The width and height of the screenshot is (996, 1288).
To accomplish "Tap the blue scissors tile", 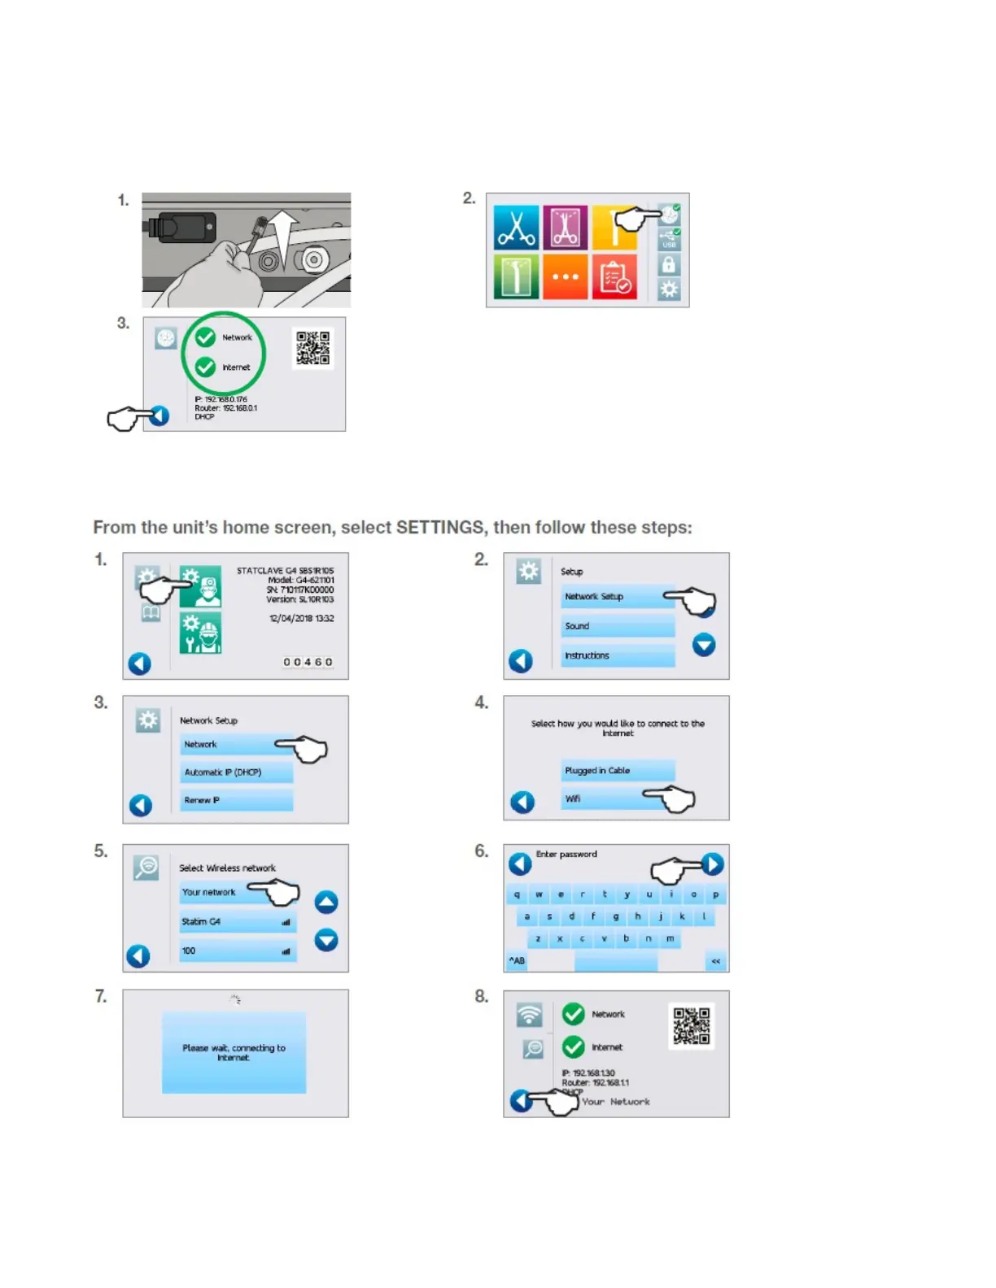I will pyautogui.click(x=516, y=227).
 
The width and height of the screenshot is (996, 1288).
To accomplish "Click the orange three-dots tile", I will pyautogui.click(x=565, y=276).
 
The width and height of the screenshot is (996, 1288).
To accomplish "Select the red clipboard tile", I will pyautogui.click(x=614, y=276).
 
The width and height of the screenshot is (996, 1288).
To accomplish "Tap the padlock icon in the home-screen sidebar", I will pyautogui.click(x=668, y=264).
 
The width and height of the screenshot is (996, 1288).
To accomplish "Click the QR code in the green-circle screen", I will pyautogui.click(x=312, y=348).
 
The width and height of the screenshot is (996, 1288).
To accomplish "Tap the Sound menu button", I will pyautogui.click(x=617, y=626).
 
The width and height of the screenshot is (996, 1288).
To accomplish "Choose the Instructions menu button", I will pyautogui.click(x=617, y=655).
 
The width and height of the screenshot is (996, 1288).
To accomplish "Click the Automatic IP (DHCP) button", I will pyautogui.click(x=236, y=772).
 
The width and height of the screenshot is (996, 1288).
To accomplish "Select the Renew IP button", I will pyautogui.click(x=236, y=800).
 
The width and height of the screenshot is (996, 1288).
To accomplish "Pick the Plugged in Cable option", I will pyautogui.click(x=617, y=771).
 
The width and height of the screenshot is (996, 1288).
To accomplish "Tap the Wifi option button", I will pyautogui.click(x=602, y=798).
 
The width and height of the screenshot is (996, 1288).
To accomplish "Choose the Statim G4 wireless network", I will pyautogui.click(x=237, y=921).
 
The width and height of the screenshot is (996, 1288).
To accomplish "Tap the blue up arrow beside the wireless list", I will pyautogui.click(x=326, y=902).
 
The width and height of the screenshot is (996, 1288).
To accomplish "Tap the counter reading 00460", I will pyautogui.click(x=308, y=662).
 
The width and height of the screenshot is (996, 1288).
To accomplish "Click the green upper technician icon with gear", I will pyautogui.click(x=200, y=586).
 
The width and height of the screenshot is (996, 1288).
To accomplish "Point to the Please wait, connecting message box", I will pyautogui.click(x=234, y=1053).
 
